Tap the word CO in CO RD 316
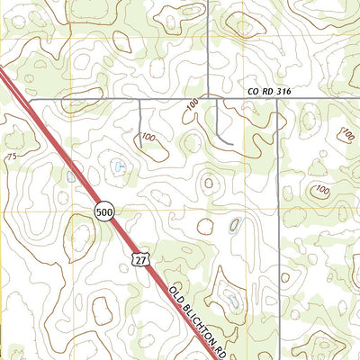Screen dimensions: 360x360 [254, 92]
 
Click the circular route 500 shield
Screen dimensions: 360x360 [103, 211]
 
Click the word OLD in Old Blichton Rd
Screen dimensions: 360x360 [175, 292]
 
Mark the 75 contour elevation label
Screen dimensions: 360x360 [11, 157]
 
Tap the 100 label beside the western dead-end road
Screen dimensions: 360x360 [148, 137]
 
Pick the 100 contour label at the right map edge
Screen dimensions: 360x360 [346, 135]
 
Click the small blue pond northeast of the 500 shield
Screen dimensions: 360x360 [120, 166]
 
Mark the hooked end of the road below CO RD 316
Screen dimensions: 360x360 [232, 144]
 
